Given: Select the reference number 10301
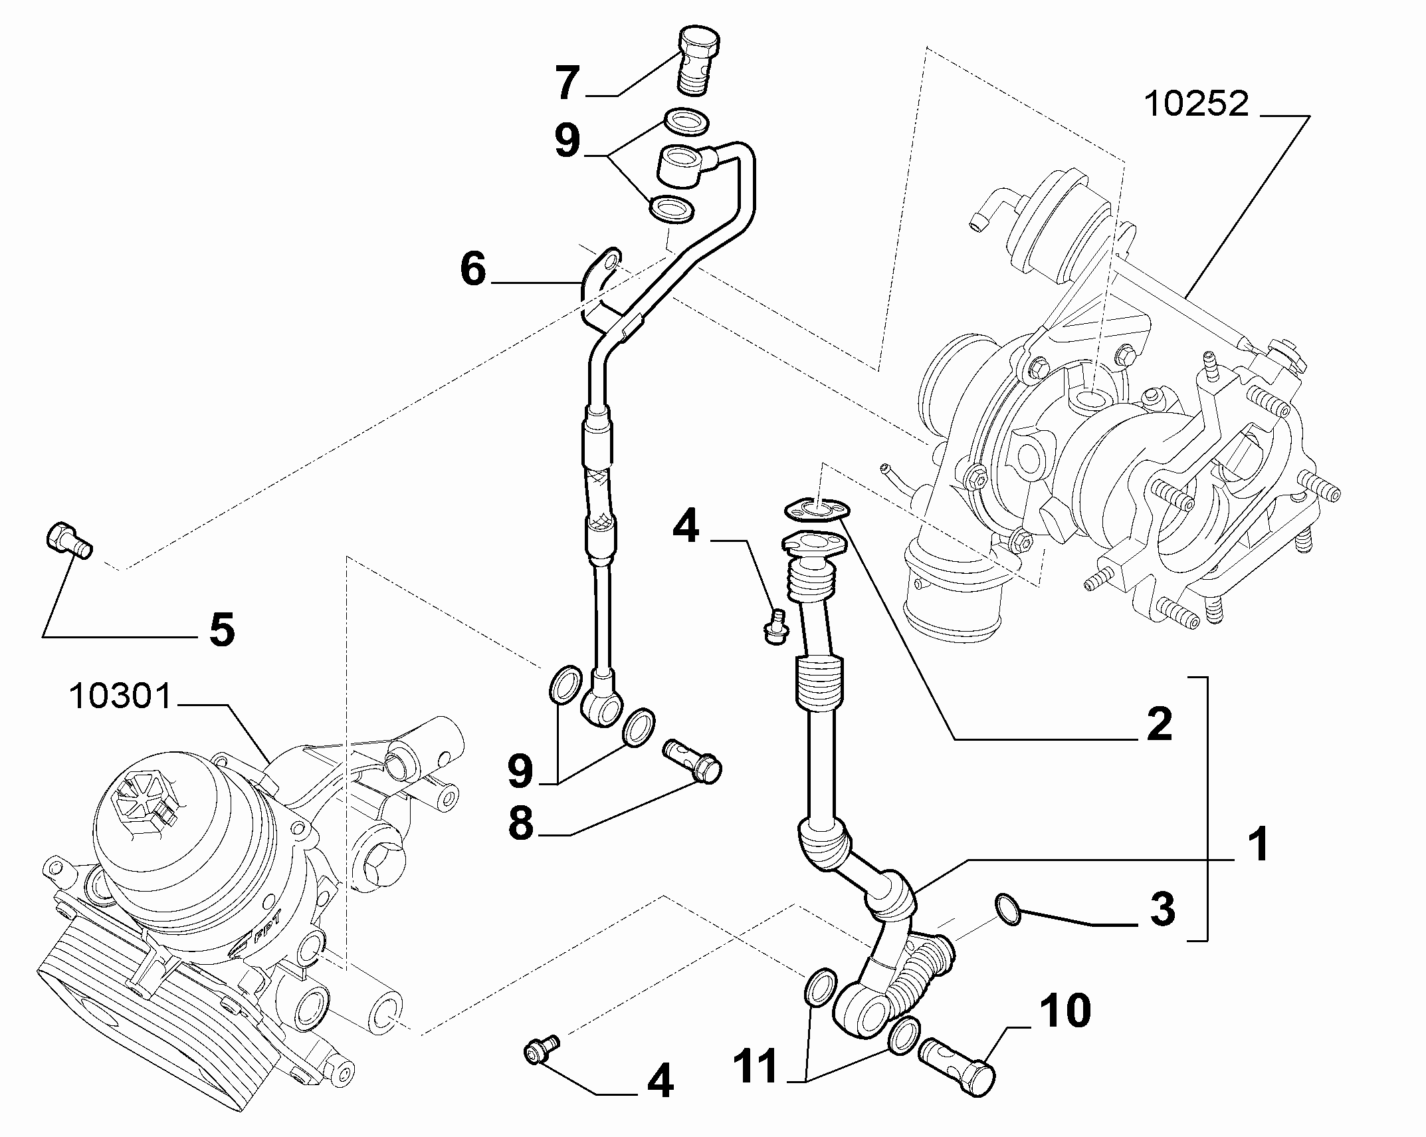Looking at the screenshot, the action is coord(120,697).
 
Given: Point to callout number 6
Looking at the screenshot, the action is coord(473,269).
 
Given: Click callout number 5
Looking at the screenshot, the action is coord(221,629).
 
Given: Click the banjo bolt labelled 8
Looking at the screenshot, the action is coord(692,763).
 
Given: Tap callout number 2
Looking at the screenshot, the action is coord(1159,724).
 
